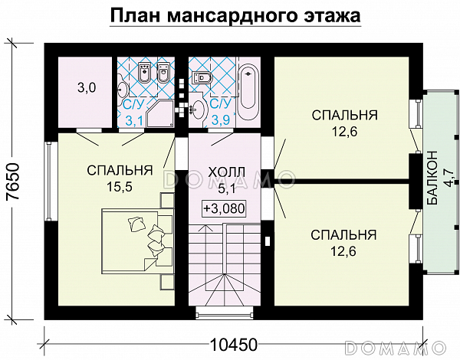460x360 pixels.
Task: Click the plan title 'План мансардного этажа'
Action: (234, 17)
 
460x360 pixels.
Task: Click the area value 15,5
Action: (119, 185)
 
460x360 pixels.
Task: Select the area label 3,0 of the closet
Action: (85, 88)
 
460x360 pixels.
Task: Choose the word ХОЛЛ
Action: (227, 170)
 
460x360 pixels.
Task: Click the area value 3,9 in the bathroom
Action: (220, 119)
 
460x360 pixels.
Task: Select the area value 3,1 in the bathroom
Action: (134, 119)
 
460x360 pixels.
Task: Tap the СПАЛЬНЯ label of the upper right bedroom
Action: (344, 116)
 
